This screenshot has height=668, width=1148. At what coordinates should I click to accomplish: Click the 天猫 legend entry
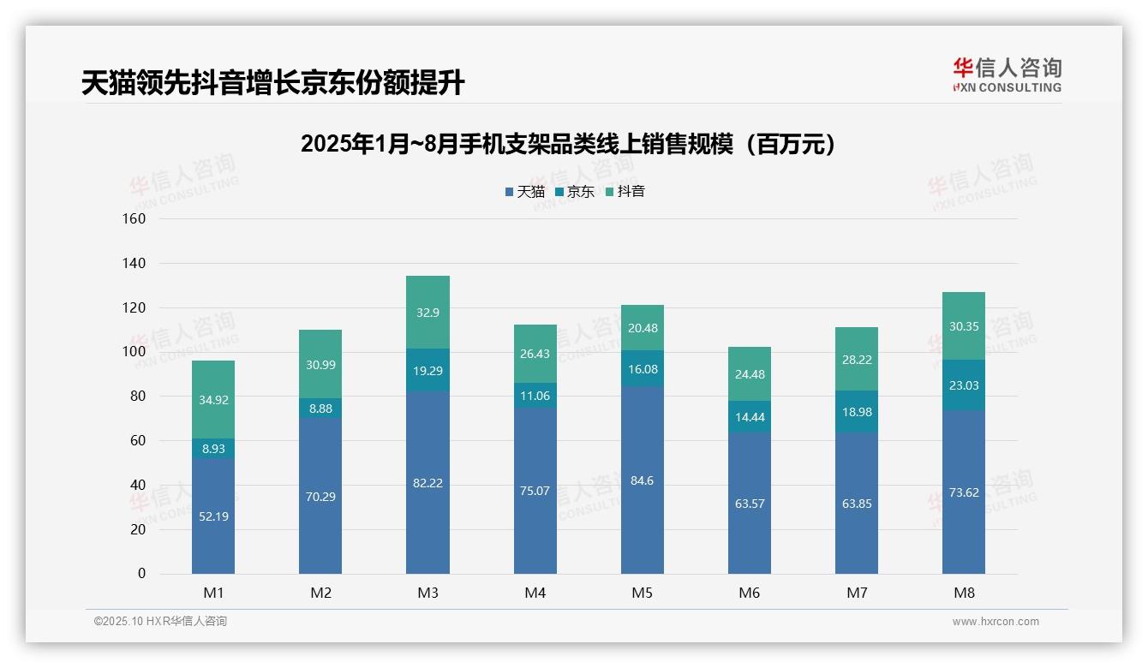click(524, 192)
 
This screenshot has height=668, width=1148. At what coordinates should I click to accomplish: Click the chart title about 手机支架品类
click(568, 144)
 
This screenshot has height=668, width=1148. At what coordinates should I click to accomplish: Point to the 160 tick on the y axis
click(135, 218)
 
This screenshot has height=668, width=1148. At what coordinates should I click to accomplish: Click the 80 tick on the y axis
click(137, 397)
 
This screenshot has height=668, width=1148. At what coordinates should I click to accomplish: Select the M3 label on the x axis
click(428, 593)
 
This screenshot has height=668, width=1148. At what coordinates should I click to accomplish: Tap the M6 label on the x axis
click(749, 593)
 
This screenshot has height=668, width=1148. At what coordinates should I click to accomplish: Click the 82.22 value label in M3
click(428, 483)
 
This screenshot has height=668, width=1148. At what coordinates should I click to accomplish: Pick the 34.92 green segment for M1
click(213, 400)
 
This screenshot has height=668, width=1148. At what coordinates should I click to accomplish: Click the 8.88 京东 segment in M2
click(320, 409)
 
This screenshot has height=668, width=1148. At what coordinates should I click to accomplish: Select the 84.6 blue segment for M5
click(642, 480)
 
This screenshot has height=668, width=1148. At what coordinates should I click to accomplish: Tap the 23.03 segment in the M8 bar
click(963, 385)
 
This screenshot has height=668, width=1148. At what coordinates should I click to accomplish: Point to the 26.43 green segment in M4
click(535, 354)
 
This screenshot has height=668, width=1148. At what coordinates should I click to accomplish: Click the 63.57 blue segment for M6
click(749, 504)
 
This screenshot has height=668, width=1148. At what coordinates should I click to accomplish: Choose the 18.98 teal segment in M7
click(856, 412)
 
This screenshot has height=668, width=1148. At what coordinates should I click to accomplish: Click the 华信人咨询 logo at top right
click(1007, 75)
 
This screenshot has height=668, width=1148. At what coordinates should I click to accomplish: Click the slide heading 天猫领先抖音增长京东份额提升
click(272, 83)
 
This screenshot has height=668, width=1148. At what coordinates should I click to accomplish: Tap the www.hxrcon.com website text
click(995, 622)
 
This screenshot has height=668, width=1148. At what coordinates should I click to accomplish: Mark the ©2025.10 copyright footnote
click(160, 621)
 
